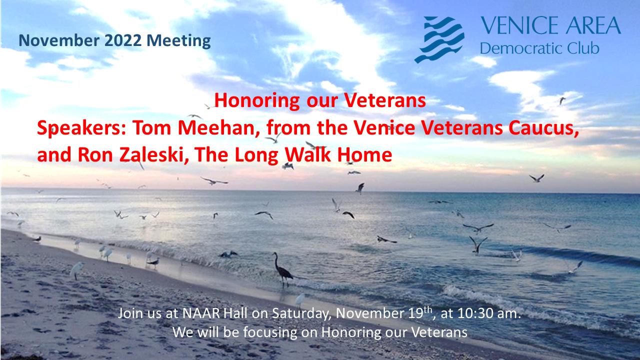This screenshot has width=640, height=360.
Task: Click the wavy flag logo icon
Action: tap(439, 39)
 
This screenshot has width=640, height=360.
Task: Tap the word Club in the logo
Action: tap(583, 48)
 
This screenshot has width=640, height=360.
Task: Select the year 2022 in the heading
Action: tap(123, 40)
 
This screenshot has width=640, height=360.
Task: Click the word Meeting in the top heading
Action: tap(178, 41)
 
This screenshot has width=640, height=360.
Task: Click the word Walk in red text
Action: tap(308, 155)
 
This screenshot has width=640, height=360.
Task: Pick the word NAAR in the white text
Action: tap(201, 313)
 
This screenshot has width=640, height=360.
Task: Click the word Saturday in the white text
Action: tap(301, 313)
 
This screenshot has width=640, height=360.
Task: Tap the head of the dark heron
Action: tap(274, 253)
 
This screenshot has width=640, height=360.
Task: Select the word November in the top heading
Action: tap(59, 40)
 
